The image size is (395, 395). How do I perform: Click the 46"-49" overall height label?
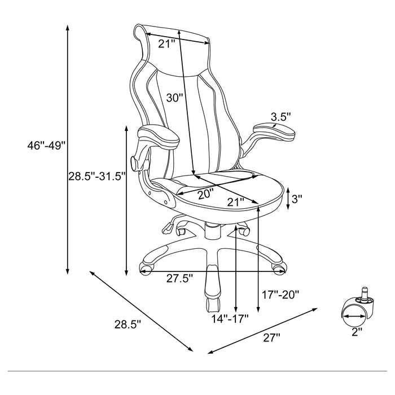(46, 146)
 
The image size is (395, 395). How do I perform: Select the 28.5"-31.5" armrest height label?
(96, 176)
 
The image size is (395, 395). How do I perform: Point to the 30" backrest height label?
(175, 97)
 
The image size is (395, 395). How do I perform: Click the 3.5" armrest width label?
(280, 117)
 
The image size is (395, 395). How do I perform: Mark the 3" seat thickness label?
(297, 199)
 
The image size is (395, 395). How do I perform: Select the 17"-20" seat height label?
(280, 294)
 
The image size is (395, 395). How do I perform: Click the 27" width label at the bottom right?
(271, 337)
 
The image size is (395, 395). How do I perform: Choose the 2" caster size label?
(355, 332)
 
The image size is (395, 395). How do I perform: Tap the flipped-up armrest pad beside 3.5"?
(275, 130)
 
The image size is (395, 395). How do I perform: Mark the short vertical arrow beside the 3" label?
(288, 199)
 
